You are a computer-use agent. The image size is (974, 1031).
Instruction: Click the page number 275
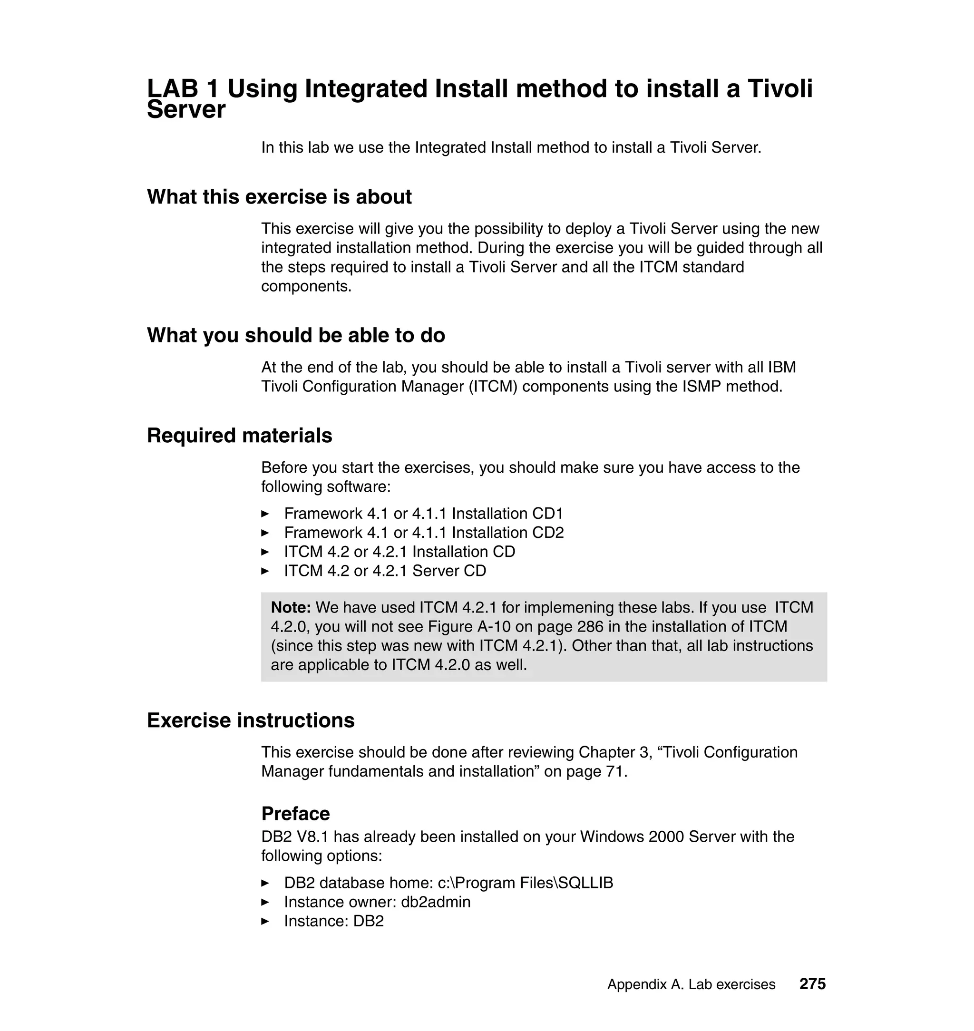(812, 984)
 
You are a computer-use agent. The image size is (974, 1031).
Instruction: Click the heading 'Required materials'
(239, 436)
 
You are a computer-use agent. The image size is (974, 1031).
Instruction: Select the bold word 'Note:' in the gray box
(291, 607)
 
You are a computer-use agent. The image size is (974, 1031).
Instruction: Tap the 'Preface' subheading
(295, 814)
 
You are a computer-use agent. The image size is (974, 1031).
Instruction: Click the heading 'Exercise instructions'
(251, 720)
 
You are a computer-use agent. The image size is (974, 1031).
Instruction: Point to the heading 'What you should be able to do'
(296, 335)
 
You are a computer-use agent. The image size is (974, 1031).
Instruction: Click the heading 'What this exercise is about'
(279, 197)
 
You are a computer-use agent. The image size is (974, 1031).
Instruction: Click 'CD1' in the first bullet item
(547, 514)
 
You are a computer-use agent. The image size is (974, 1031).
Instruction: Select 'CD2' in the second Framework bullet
(548, 533)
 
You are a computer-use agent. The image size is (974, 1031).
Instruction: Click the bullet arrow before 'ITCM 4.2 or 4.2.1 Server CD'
(265, 571)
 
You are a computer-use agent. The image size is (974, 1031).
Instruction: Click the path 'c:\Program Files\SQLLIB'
(525, 883)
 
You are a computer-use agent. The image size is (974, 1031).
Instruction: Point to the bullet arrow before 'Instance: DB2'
(265, 922)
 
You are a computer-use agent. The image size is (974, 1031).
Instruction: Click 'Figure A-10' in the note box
(469, 627)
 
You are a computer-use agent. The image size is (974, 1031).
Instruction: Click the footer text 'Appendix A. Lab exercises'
(691, 984)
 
